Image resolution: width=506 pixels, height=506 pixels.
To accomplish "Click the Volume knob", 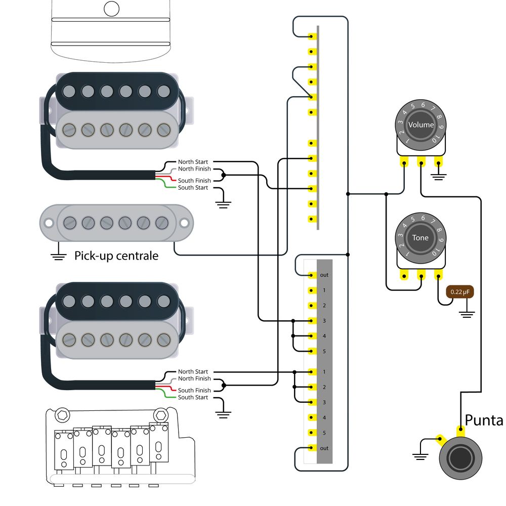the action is [x=421, y=125].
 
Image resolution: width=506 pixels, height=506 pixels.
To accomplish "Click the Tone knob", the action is [x=421, y=238].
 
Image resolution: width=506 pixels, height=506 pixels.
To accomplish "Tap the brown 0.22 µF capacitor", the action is [x=460, y=292].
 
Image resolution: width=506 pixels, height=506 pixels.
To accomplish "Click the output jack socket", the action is [x=460, y=458].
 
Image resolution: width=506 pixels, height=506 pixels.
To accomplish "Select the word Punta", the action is [x=484, y=420].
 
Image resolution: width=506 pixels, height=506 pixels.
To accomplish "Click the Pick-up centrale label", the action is [x=116, y=256].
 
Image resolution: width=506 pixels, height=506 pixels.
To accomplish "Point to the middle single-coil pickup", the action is [x=116, y=223].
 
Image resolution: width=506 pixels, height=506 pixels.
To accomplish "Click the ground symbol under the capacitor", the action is [x=467, y=314].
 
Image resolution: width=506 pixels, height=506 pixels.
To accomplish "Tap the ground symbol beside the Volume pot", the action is [x=438, y=177].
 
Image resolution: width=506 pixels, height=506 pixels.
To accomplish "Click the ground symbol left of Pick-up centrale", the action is [x=58, y=256].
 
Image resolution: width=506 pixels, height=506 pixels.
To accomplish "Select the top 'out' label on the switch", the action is [x=324, y=275].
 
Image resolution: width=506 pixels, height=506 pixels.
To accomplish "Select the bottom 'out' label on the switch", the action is [x=324, y=448].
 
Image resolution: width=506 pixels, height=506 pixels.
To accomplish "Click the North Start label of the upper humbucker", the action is [x=193, y=162].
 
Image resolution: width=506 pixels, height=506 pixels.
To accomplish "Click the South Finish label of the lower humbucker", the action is [x=194, y=390].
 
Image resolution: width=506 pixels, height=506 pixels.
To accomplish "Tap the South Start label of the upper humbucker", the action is [x=193, y=188].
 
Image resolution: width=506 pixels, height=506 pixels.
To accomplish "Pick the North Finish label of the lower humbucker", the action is [x=194, y=378].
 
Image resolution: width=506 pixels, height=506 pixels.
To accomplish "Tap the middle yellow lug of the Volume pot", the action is [x=421, y=161].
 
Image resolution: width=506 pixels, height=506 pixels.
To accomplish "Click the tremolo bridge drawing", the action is [x=120, y=447].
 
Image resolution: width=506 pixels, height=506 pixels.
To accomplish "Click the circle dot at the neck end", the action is [x=112, y=9].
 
